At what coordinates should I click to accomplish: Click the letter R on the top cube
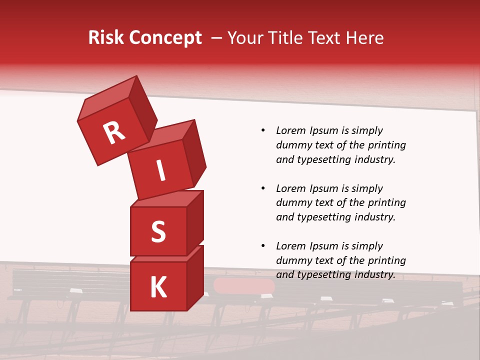click(114, 132)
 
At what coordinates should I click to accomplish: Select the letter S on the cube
click(158, 232)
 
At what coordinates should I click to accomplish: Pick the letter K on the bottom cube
click(158, 287)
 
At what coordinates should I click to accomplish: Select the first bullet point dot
click(263, 130)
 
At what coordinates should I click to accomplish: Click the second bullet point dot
click(263, 188)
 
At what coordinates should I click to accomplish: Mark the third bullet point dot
click(263, 246)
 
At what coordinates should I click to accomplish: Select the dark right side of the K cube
click(195, 278)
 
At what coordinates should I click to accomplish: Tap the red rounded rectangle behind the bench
click(244, 286)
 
